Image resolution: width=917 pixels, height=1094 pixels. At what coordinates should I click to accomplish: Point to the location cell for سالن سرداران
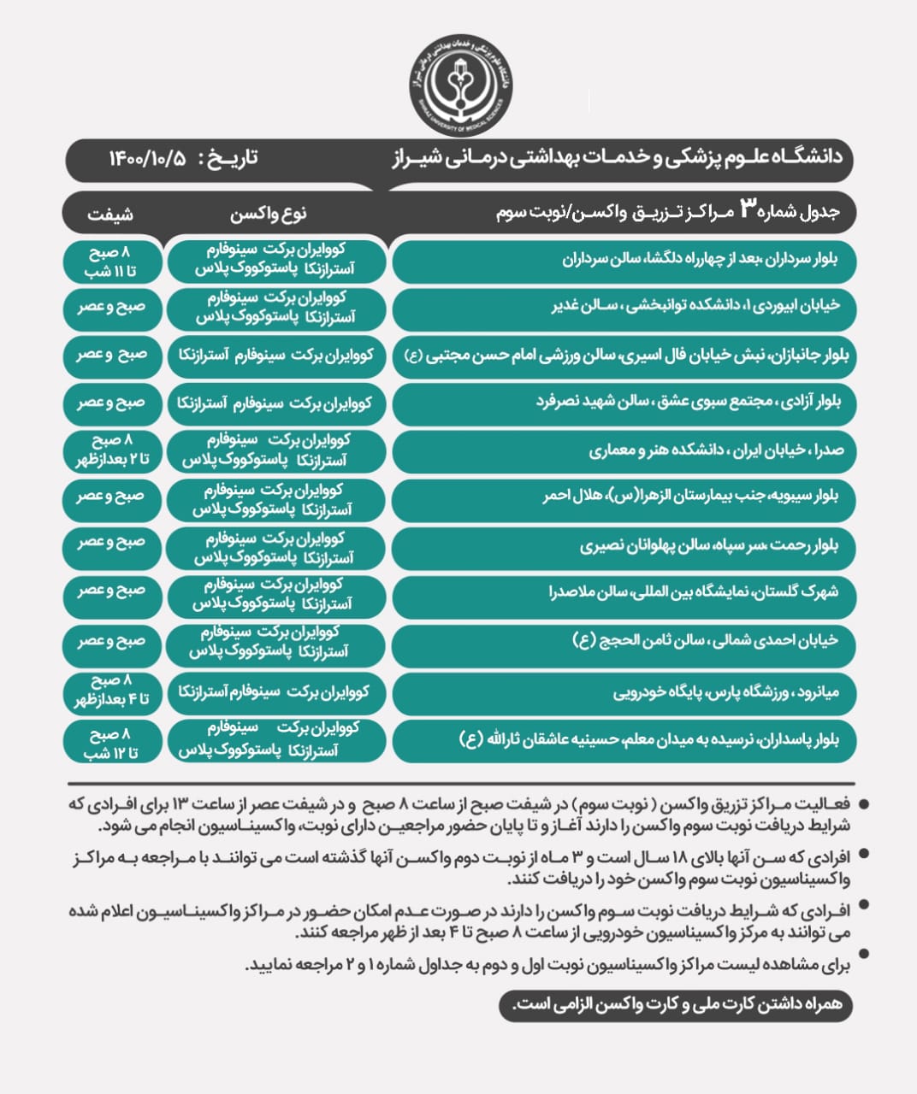click(624, 261)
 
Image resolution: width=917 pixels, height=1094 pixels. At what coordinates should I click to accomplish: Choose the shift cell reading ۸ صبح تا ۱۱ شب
click(111, 262)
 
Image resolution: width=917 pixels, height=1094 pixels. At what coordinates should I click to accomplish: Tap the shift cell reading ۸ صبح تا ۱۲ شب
click(111, 743)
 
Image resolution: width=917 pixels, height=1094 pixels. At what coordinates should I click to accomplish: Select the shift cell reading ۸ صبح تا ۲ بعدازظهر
click(111, 450)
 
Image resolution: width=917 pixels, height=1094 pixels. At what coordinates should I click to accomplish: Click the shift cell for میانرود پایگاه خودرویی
click(111, 691)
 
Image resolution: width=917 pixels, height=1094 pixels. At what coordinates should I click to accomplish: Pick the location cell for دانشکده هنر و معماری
click(624, 451)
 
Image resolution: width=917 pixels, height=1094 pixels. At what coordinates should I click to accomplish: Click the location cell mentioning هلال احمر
click(624, 497)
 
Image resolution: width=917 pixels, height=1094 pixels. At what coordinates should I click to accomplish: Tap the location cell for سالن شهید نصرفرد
click(624, 402)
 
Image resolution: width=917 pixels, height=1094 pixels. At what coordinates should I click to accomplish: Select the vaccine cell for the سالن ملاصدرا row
click(275, 593)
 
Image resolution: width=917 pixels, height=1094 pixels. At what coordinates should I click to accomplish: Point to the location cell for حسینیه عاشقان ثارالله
click(624, 740)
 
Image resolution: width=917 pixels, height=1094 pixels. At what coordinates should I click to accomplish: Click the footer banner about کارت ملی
click(676, 1005)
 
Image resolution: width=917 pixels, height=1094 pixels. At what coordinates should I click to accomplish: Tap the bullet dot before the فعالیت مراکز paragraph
click(863, 804)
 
